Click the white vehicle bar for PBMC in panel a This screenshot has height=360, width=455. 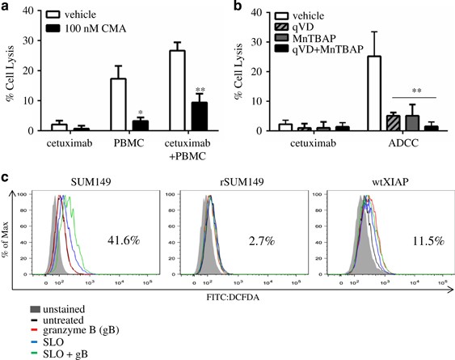117,105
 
